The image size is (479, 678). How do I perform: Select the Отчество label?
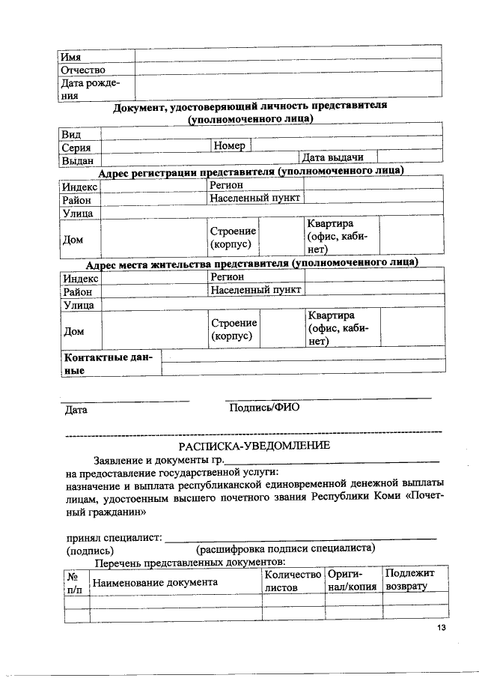(x=82, y=70)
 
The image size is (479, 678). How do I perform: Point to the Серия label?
(x=76, y=148)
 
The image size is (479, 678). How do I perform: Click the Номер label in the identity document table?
(x=230, y=145)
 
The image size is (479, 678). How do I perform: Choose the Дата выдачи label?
(x=332, y=157)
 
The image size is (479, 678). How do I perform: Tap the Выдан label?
(x=77, y=160)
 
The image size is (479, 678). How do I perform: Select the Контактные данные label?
(x=108, y=364)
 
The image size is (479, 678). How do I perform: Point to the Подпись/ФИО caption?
(x=264, y=408)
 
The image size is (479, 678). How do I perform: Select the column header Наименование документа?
(x=155, y=582)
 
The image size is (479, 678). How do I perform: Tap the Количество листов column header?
(x=292, y=581)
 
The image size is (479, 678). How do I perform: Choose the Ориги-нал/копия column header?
(x=352, y=581)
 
